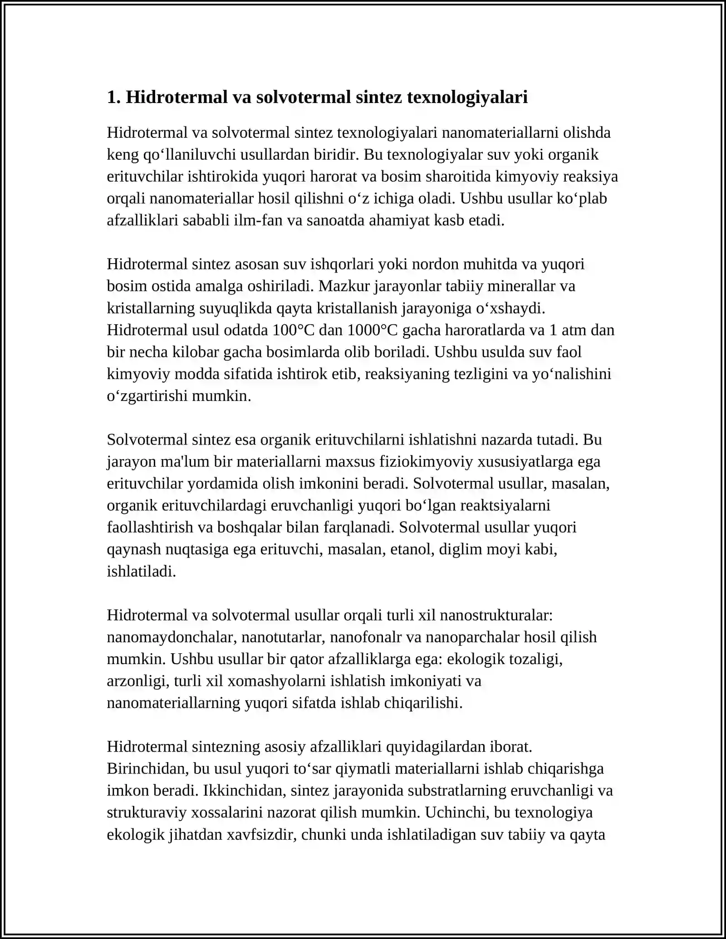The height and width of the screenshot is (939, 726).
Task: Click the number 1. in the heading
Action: click(113, 98)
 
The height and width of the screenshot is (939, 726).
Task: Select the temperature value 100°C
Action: click(294, 330)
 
